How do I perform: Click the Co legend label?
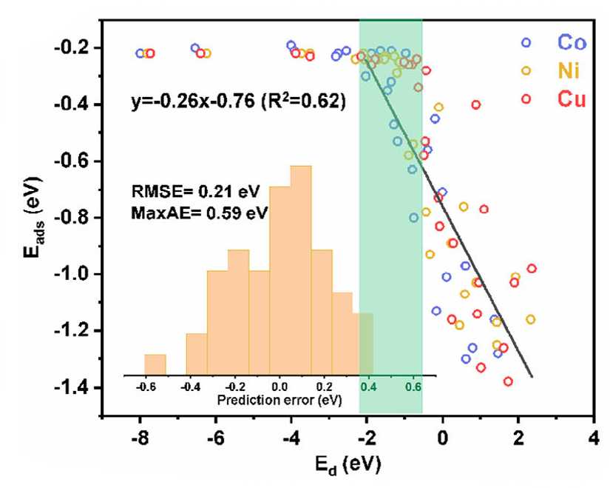point(572,42)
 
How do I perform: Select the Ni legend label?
point(569,71)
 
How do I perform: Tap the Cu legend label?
point(572,99)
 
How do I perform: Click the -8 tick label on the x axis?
point(140,438)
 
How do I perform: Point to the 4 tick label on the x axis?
point(594,438)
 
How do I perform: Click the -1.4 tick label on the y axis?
point(72,388)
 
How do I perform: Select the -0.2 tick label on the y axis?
point(72,48)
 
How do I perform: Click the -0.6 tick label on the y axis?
point(72,161)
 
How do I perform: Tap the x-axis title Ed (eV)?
point(348,465)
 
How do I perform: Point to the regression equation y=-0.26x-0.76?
point(193,101)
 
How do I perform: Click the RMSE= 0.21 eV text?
point(195,191)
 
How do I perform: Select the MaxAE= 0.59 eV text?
point(200,213)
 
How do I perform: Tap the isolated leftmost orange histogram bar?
point(155,365)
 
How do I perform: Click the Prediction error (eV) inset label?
point(279,400)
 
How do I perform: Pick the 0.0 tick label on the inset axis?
point(279,387)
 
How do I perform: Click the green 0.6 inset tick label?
point(413,387)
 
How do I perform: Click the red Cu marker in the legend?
point(526,99)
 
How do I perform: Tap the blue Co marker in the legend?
point(526,42)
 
